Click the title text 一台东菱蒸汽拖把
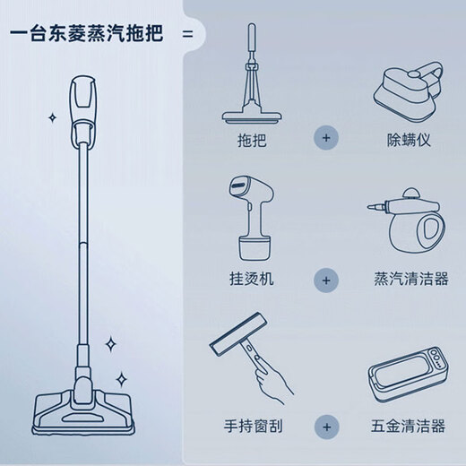[x=88, y=36]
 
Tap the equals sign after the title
[x=187, y=36]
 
